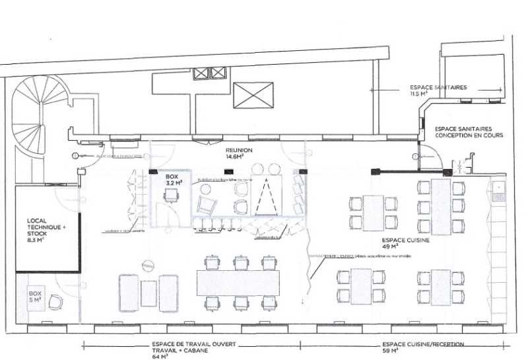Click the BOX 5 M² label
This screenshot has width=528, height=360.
33,295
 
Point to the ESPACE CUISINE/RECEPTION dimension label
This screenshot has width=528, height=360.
422,345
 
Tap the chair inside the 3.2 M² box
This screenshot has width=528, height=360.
172,195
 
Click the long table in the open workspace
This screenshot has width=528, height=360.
238,283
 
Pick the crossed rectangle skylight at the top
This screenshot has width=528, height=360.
253,96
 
